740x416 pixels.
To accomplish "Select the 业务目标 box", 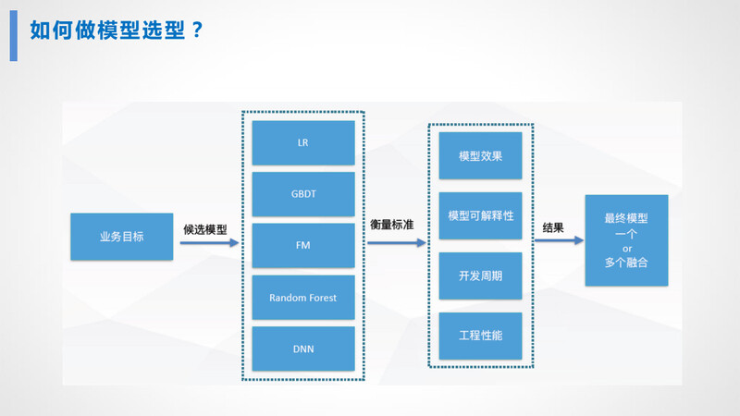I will tap(121, 236).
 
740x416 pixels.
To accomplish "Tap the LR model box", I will tap(303, 143).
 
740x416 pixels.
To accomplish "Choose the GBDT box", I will tap(303, 195).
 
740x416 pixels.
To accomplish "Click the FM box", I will tap(303, 247).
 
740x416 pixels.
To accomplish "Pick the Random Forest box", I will tap(303, 298).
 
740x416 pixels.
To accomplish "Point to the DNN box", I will tap(303, 349).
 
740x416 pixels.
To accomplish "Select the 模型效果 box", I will tap(481, 155).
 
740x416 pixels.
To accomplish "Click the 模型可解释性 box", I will tap(481, 215).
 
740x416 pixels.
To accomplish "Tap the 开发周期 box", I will tap(481, 275).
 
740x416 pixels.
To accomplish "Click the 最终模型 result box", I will tap(626, 219).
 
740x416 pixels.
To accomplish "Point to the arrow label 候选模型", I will tap(205, 227).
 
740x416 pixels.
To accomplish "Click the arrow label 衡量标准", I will tap(391, 225).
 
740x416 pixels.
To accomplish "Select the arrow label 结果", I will tap(553, 227).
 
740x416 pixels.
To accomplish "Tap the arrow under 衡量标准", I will tap(396, 243).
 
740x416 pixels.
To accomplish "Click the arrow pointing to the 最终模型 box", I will tap(558, 240).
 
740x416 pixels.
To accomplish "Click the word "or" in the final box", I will tap(626, 249).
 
